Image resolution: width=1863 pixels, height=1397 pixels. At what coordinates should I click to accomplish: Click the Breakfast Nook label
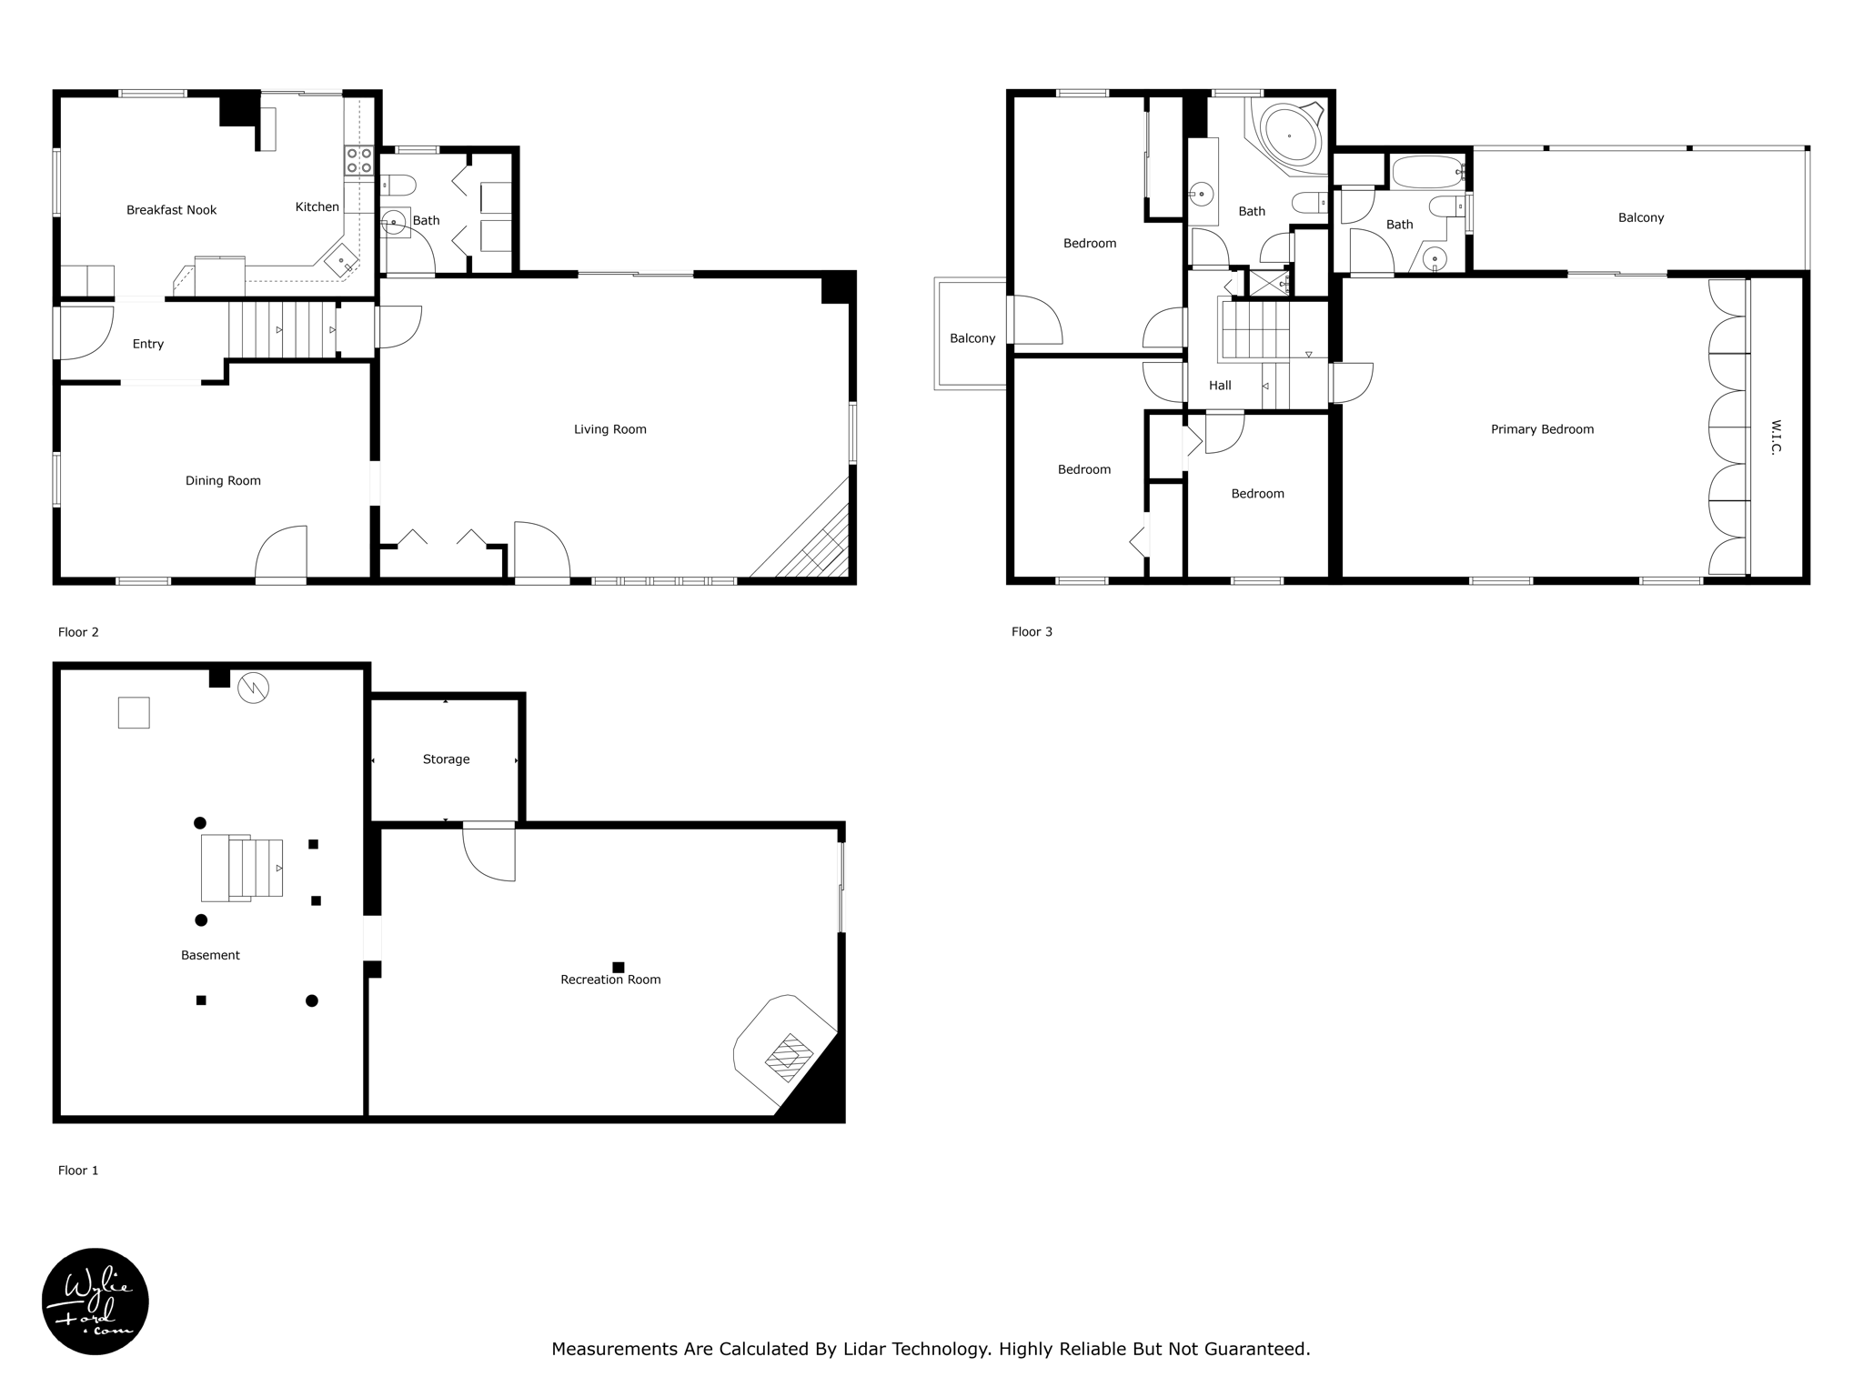pos(171,210)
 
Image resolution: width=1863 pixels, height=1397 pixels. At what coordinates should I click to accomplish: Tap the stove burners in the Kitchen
pos(358,161)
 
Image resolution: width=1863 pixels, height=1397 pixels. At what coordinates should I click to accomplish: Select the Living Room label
pos(609,429)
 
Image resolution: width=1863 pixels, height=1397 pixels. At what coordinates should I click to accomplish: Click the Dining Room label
pos(223,481)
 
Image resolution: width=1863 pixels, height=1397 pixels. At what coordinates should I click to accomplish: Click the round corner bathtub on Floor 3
pos(1290,136)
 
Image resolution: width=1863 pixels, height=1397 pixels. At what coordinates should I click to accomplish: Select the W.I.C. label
pos(1776,437)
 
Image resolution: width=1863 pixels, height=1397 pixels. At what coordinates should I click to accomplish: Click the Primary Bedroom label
pos(1542,429)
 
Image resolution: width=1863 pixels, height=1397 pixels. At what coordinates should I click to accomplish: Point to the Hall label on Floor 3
pos(1220,386)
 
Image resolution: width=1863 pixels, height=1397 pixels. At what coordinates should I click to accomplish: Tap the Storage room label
pos(446,759)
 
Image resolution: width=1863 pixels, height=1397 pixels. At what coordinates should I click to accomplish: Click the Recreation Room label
pos(610,980)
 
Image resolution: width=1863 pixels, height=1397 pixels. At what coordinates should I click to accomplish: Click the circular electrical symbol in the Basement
pos(253,688)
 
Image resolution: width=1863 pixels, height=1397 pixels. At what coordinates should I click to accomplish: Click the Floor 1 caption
pos(78,1171)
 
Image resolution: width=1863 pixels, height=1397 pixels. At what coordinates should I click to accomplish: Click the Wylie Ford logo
pos(96,1302)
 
